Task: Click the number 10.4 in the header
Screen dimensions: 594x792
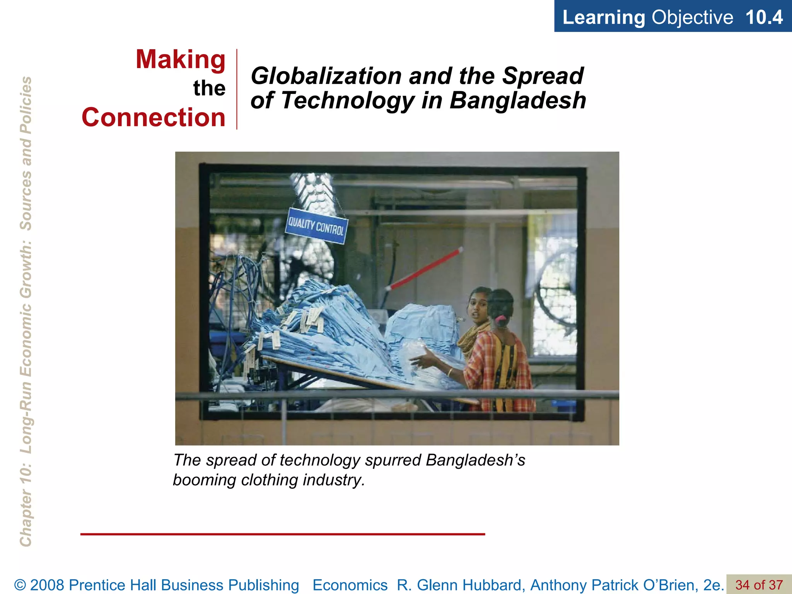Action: [764, 17]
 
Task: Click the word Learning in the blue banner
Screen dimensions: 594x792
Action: [603, 17]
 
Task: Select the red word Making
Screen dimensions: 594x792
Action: [181, 60]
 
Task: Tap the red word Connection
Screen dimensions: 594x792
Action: [154, 117]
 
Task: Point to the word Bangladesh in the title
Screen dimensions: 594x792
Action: [517, 100]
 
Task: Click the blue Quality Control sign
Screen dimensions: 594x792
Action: [316, 226]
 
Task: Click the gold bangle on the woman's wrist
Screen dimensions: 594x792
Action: [450, 372]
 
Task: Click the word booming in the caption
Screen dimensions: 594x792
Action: [204, 480]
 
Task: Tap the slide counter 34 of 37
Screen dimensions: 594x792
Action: [759, 585]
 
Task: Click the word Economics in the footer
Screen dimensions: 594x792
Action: [350, 585]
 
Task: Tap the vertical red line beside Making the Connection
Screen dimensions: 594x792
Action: [237, 89]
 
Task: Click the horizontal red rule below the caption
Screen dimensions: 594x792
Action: [282, 534]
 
